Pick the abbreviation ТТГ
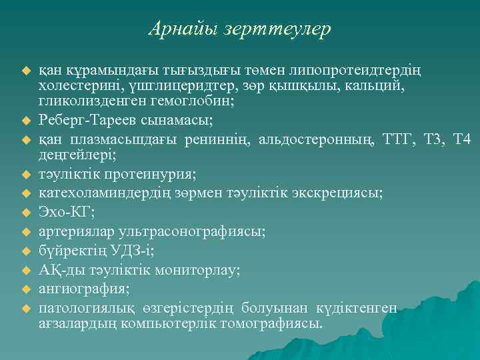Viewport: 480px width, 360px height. pos(401,139)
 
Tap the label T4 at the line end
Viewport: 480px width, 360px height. pos(461,139)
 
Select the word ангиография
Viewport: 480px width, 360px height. pos(85,289)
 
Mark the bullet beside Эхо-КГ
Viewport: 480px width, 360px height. pos(27,213)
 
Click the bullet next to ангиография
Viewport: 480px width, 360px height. pos(27,289)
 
